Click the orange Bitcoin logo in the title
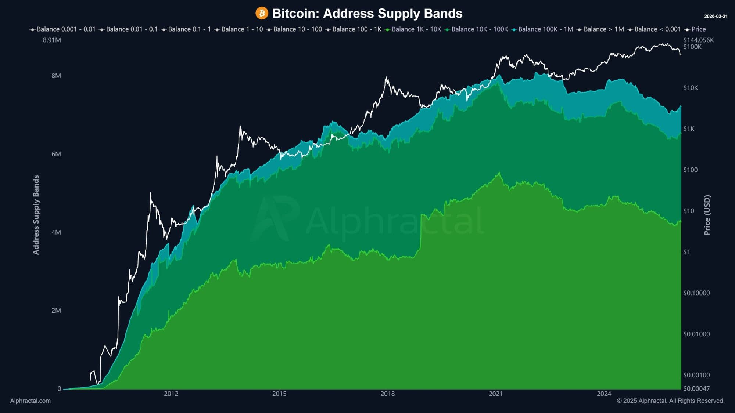[x=262, y=14]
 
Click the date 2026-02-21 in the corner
[x=716, y=16]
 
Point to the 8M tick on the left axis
[x=56, y=76]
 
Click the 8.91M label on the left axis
[x=52, y=40]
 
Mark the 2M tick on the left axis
[x=56, y=311]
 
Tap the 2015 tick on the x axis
[x=279, y=394]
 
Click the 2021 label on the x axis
[x=496, y=394]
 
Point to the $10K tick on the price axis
[x=691, y=88]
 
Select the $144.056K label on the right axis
[x=698, y=40]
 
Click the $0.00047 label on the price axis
[x=696, y=388]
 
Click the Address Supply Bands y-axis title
[x=36, y=215]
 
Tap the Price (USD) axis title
[x=707, y=215]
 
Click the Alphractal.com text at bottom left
[x=31, y=401]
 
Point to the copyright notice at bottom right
[x=670, y=401]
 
